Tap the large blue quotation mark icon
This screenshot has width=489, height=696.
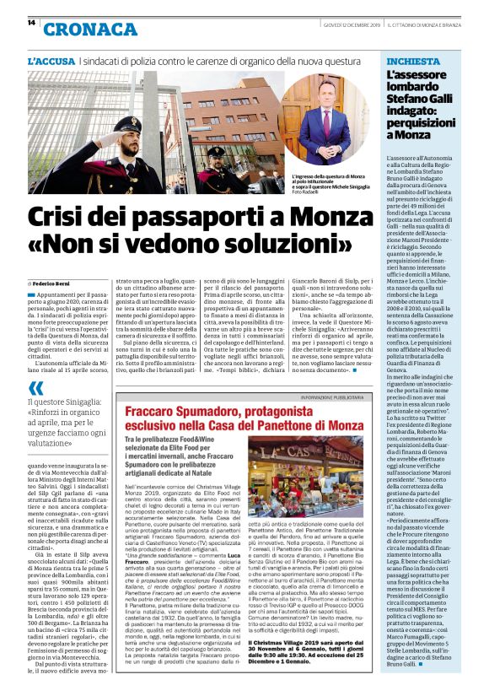tap(36, 387)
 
